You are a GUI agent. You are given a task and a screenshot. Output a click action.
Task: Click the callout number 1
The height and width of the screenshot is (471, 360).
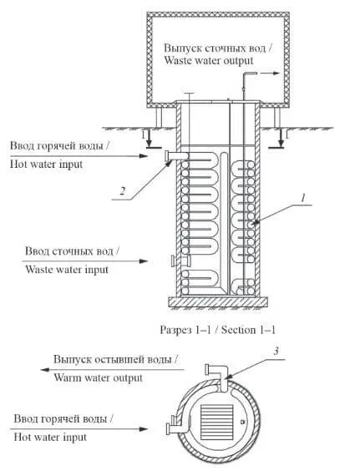[x=303, y=198]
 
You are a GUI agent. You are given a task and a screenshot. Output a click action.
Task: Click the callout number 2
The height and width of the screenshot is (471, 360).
[x=122, y=191]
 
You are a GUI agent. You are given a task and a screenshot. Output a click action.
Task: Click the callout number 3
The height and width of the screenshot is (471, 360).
[x=276, y=351]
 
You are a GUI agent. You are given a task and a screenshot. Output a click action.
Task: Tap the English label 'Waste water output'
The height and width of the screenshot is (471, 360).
[x=209, y=60]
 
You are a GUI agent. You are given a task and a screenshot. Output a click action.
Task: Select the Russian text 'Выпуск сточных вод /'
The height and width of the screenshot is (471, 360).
[x=218, y=48]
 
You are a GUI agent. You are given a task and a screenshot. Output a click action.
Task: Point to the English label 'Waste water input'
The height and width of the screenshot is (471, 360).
[x=67, y=270]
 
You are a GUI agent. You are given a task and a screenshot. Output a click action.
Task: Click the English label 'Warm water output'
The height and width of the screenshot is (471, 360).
[x=98, y=377]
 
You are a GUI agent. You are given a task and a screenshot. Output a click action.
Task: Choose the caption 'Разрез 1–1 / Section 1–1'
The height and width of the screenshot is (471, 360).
[x=217, y=330]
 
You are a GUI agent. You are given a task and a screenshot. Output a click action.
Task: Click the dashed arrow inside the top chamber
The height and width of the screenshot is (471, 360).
[x=270, y=73]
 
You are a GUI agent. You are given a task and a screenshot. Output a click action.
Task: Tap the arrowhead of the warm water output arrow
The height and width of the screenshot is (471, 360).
[x=45, y=369]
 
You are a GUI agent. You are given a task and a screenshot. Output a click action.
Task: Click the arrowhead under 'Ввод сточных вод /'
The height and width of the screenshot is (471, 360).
[x=144, y=261]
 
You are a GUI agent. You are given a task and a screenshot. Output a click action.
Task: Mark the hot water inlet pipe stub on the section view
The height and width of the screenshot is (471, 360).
[x=177, y=155]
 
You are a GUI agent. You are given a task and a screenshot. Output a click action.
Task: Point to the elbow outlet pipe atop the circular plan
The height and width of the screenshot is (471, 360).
[x=218, y=376]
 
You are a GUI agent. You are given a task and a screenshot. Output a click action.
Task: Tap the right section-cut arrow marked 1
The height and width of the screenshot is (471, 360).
[x=280, y=139]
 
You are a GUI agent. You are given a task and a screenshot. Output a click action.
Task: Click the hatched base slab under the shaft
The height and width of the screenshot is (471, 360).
[x=217, y=301]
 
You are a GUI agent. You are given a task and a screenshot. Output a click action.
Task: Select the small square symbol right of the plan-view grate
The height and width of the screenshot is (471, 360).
[x=242, y=422]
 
